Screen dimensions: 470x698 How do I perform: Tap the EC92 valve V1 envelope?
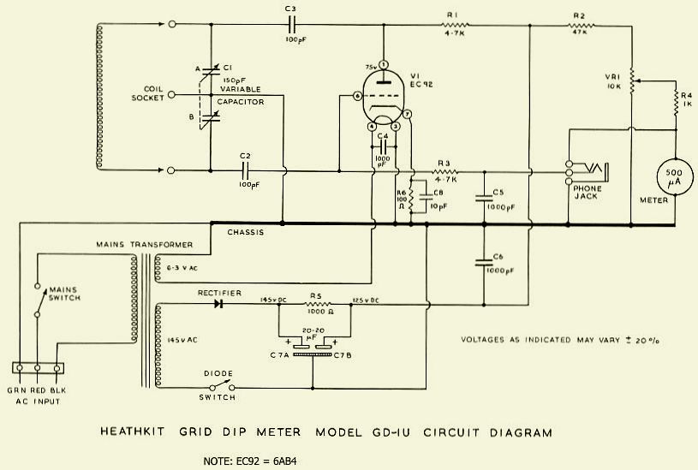pos(383,98)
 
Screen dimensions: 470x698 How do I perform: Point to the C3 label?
pos(289,9)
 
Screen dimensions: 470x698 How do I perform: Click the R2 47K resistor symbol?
pos(584,27)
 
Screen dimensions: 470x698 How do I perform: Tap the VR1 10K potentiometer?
pos(632,82)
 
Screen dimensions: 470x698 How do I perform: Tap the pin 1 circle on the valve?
pos(384,64)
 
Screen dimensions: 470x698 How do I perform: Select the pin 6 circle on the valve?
pos(357,96)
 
